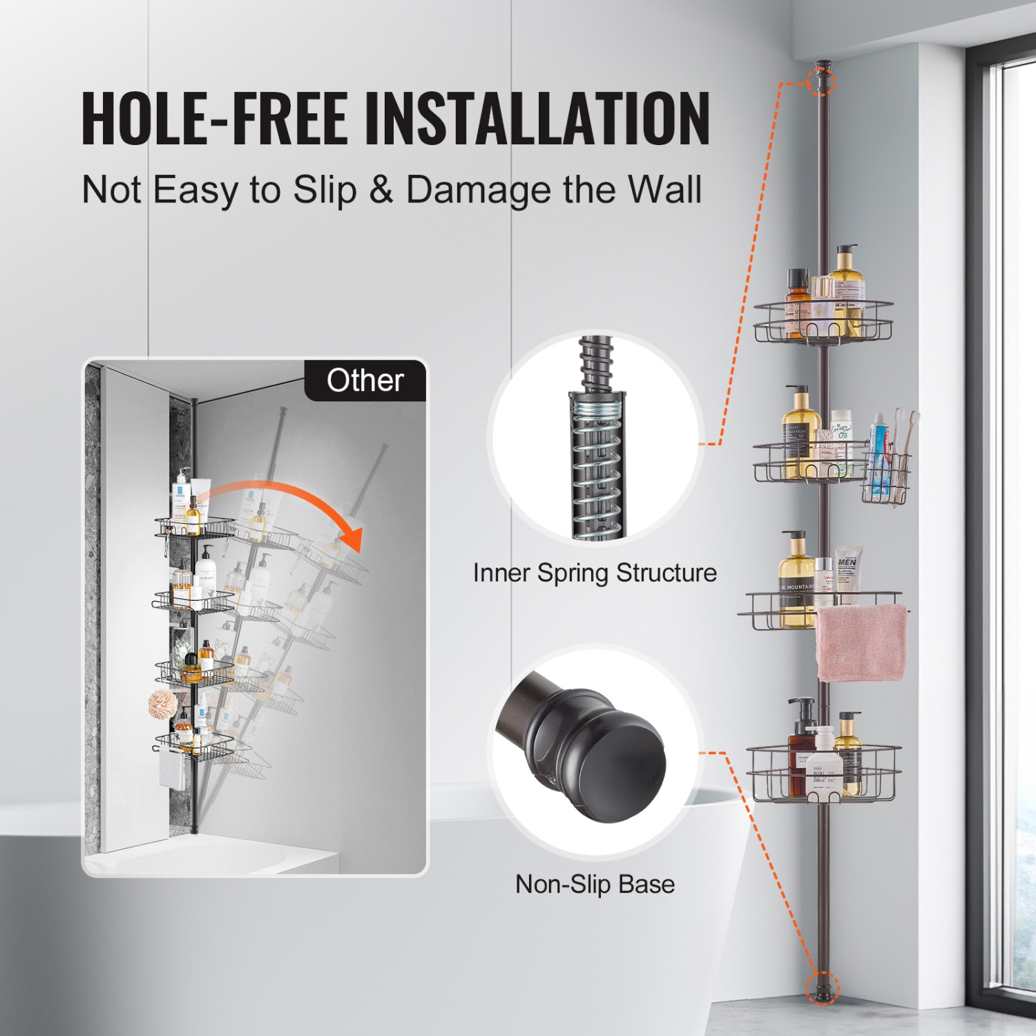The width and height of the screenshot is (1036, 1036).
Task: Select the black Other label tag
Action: pyautogui.click(x=365, y=381)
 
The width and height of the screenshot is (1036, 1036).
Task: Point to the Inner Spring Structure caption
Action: pyautogui.click(x=595, y=573)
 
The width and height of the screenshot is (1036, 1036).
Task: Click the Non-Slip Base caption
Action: pyautogui.click(x=595, y=885)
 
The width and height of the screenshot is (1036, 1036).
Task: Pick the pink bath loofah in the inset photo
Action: pyautogui.click(x=163, y=704)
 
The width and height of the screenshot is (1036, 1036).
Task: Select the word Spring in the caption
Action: pyautogui.click(x=573, y=573)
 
